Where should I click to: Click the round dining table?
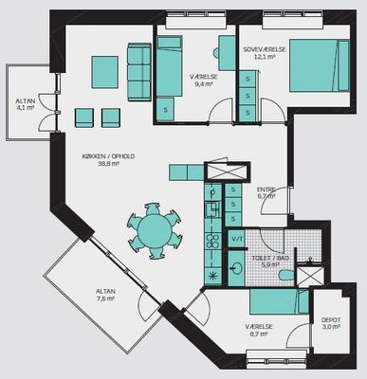click(155, 230)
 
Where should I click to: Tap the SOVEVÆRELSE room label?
click(265, 49)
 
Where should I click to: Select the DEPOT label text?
click(331, 320)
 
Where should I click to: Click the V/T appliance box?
click(236, 239)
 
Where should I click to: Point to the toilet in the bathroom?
click(286, 275)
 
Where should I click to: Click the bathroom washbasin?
click(236, 269)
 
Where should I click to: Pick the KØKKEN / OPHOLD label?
click(108, 156)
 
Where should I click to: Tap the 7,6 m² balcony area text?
click(105, 298)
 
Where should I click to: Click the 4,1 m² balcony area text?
click(26, 107)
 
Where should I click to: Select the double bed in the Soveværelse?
click(320, 65)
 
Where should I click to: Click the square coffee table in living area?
click(105, 72)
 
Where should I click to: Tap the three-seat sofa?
click(139, 72)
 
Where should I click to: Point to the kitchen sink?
click(212, 208)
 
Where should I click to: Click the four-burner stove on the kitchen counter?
click(212, 241)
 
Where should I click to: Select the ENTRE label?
click(266, 189)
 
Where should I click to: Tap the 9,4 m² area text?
click(204, 84)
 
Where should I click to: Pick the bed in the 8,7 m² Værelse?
click(279, 302)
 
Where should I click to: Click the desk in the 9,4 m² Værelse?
click(227, 53)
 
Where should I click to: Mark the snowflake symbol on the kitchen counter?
click(212, 276)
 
